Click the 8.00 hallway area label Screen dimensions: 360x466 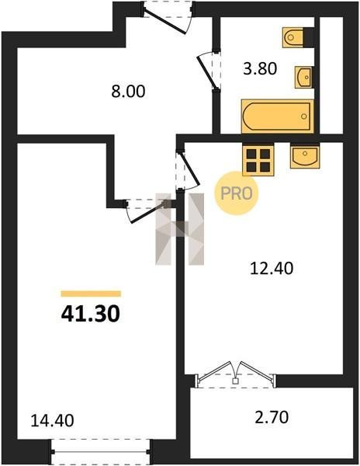click(128, 91)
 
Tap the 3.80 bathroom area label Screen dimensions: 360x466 click(260, 68)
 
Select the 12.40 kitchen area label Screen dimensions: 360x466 click(272, 268)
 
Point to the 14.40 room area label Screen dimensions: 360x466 click(52, 420)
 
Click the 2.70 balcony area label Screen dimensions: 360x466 click(272, 416)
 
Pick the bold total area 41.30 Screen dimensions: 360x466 click(91, 314)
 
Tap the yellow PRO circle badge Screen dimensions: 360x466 click(237, 193)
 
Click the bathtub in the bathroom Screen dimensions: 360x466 click(278, 116)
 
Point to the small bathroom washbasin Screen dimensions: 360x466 click(303, 77)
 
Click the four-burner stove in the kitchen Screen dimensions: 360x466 click(258, 159)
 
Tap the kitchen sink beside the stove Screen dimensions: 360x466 click(305, 156)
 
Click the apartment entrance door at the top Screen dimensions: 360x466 click(168, 18)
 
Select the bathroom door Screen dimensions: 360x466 click(210, 70)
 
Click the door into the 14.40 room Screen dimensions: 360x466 click(146, 210)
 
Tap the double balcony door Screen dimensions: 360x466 click(236, 374)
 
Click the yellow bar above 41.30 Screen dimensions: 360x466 click(91, 294)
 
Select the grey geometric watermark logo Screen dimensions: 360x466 click(180, 229)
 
